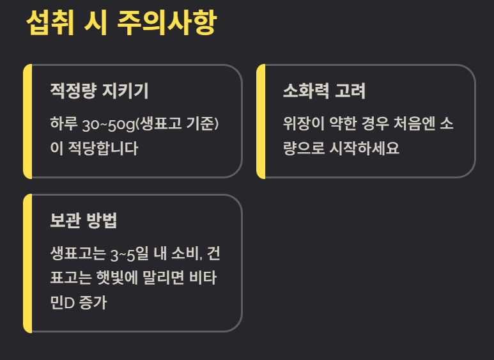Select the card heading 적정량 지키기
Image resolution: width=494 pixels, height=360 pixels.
[99, 91]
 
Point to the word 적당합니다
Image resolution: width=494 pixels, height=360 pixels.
[101, 148]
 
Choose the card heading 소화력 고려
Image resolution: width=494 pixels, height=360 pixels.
[324, 91]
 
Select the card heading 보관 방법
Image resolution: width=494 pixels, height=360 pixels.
[83, 221]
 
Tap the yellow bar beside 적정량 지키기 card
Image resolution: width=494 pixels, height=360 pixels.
[27, 121]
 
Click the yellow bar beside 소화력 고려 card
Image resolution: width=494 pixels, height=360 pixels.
[261, 121]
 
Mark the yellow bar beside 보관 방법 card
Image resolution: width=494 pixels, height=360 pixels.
[27, 263]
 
